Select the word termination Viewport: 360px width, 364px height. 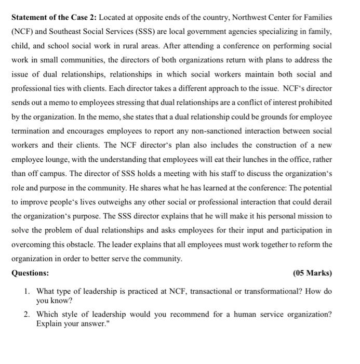(x=33, y=131)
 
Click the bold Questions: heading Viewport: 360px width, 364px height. (x=30, y=273)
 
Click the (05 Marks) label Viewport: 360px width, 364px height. (x=312, y=273)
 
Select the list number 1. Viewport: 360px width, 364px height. (x=26, y=292)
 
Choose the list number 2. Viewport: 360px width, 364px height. (x=26, y=315)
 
